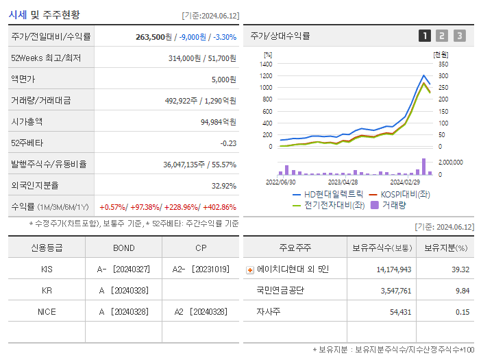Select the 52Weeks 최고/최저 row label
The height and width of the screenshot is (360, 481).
(x=46, y=58)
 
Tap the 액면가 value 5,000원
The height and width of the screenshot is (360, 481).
(x=223, y=80)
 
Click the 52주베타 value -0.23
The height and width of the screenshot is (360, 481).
(x=227, y=143)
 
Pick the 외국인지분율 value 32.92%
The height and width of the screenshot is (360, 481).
(x=223, y=186)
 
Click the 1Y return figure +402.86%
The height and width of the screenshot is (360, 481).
(x=217, y=207)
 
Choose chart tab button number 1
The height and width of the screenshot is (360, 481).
(x=425, y=36)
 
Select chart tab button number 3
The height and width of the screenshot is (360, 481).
(x=459, y=36)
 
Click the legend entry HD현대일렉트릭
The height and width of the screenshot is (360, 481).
(x=328, y=195)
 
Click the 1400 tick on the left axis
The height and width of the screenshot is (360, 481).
(x=266, y=64)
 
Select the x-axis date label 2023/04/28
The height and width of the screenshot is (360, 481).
(x=343, y=182)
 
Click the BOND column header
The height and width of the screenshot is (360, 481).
(x=123, y=248)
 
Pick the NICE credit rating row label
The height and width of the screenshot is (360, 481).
(x=47, y=311)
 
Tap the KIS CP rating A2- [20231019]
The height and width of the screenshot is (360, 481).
(x=201, y=269)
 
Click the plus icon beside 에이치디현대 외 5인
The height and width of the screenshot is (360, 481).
(x=249, y=270)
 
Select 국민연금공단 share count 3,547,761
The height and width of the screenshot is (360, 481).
(x=393, y=291)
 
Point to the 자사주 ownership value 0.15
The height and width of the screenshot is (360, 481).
(x=462, y=312)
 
